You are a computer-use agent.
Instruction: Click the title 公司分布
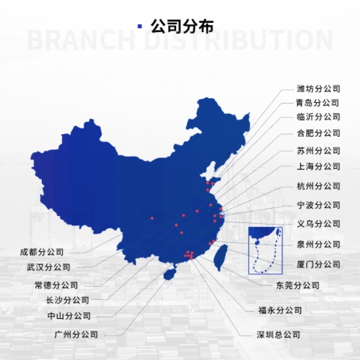tap(182, 26)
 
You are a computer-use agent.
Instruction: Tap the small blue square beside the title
tap(139, 26)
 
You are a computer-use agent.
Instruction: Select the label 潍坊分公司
tap(318, 88)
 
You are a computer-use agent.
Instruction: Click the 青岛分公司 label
tap(317, 103)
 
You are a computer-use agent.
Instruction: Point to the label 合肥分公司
tap(318, 133)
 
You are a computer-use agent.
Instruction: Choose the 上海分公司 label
tap(318, 166)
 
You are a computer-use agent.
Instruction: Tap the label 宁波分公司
tap(318, 205)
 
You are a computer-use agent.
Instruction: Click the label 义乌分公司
tap(318, 224)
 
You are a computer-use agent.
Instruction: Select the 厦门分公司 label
tap(318, 264)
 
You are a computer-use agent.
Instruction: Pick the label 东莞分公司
tap(298, 285)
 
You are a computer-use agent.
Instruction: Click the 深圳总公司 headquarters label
tap(278, 334)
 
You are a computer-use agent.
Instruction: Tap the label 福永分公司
tap(279, 310)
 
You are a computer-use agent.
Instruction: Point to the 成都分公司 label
tap(41, 252)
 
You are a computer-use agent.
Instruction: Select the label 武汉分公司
tap(48, 267)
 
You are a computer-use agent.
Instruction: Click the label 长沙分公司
tap(67, 300)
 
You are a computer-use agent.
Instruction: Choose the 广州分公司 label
tap(76, 334)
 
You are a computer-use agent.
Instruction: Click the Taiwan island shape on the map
tap(221, 258)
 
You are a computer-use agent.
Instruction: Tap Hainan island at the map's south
tap(170, 274)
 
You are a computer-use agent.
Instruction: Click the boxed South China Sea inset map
tap(265, 251)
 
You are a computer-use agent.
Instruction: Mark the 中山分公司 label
tap(69, 316)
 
